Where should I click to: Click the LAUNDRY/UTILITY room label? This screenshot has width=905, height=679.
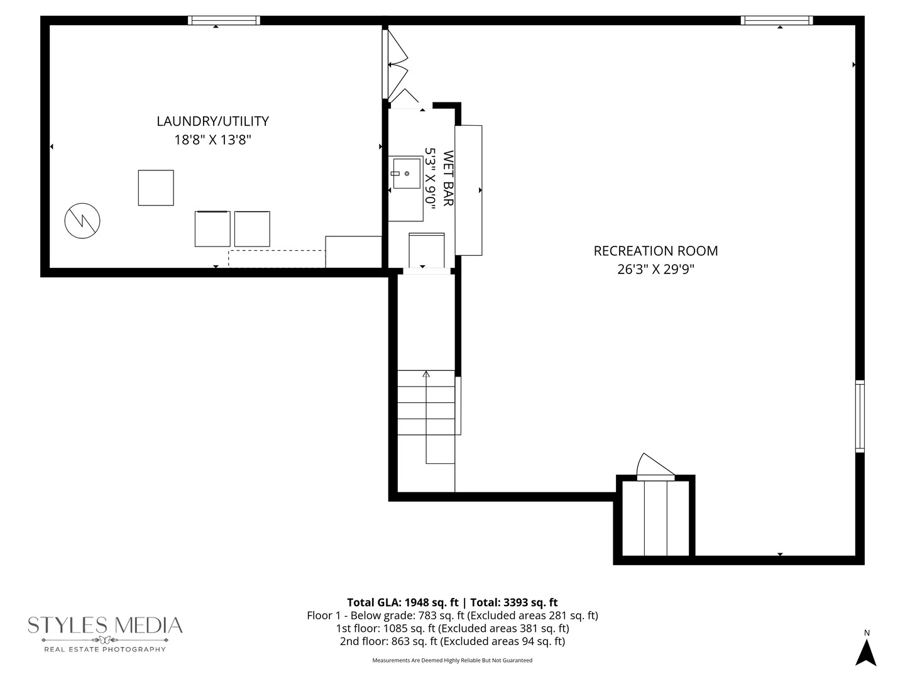click(x=212, y=121)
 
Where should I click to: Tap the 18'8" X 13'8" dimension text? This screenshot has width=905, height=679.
click(x=212, y=140)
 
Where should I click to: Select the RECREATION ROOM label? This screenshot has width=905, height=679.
click(x=655, y=251)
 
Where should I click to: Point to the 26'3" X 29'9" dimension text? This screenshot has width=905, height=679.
click(x=655, y=270)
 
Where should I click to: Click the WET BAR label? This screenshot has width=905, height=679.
click(x=448, y=178)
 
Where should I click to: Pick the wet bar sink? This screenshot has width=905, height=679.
click(x=405, y=173)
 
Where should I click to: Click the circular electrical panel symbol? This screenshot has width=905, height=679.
click(x=82, y=221)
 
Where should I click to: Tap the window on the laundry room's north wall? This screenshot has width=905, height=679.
click(x=224, y=21)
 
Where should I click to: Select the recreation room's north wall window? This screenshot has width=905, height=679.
click(x=777, y=21)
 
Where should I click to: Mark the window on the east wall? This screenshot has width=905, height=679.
click(x=860, y=416)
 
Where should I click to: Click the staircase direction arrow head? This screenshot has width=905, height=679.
click(x=426, y=374)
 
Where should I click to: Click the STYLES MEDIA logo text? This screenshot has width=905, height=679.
click(x=105, y=626)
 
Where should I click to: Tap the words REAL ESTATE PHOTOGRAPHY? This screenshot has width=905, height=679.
click(x=105, y=649)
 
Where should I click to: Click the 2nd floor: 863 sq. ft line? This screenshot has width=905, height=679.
click(x=452, y=641)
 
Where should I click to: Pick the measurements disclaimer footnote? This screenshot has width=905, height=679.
click(x=452, y=660)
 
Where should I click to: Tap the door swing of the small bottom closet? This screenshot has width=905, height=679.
click(x=654, y=466)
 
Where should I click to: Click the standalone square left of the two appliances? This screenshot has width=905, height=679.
click(x=156, y=187)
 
